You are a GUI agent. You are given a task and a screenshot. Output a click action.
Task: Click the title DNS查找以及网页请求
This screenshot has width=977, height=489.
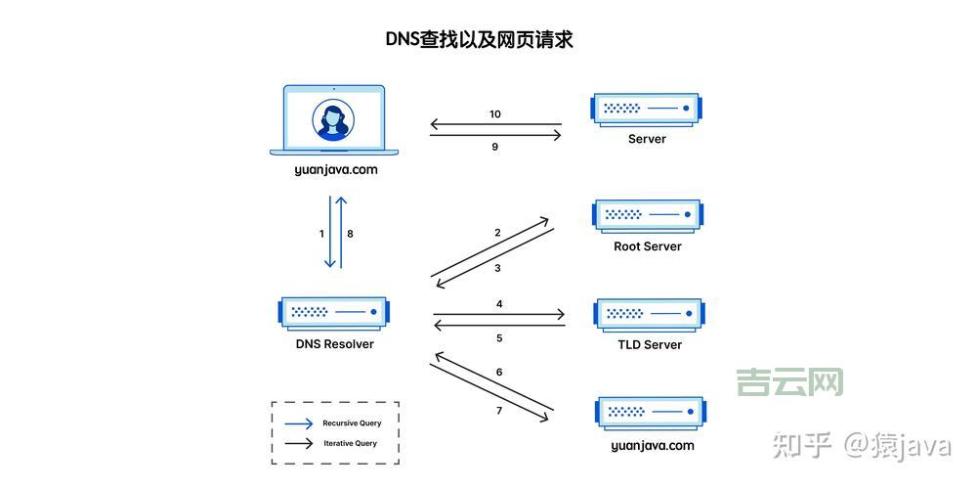(x=479, y=39)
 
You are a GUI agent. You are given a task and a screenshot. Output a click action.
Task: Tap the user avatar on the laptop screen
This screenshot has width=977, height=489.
(x=333, y=120)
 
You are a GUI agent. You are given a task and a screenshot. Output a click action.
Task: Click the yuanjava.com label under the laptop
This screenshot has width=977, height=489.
(x=335, y=169)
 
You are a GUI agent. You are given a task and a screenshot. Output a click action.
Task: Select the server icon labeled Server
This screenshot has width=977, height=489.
(x=647, y=109)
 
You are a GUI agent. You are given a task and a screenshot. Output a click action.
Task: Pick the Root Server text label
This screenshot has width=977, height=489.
(x=647, y=246)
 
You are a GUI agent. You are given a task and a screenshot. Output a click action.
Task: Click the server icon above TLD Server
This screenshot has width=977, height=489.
(x=648, y=314)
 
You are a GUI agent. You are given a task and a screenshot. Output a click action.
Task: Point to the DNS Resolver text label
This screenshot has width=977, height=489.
(x=334, y=344)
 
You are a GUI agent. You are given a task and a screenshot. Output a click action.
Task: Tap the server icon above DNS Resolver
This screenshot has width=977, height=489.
(x=333, y=312)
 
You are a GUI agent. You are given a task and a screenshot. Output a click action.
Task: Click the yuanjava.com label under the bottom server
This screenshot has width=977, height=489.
(x=652, y=445)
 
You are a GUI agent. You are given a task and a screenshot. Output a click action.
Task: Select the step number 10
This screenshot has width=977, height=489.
(x=495, y=114)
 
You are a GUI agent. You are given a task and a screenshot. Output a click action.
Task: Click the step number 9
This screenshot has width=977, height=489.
(x=495, y=147)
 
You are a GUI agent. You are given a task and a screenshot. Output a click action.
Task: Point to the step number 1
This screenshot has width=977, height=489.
(x=321, y=234)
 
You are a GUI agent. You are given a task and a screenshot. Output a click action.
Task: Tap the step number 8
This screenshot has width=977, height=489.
(x=350, y=234)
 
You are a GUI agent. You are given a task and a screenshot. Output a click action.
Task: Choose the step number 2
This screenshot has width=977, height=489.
(x=497, y=233)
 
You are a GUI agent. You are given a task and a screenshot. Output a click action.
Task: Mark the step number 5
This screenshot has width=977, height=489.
(x=499, y=338)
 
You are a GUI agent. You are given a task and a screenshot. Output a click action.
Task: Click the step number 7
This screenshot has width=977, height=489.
(x=499, y=411)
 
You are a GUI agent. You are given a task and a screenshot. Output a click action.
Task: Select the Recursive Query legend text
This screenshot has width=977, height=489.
(x=352, y=423)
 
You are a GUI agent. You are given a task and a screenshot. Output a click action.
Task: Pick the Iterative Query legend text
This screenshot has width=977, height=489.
(x=350, y=443)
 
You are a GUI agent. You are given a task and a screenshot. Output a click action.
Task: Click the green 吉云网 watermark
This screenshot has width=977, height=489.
(x=789, y=381)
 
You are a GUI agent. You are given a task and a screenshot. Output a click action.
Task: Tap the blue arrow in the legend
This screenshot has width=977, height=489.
(x=299, y=423)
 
